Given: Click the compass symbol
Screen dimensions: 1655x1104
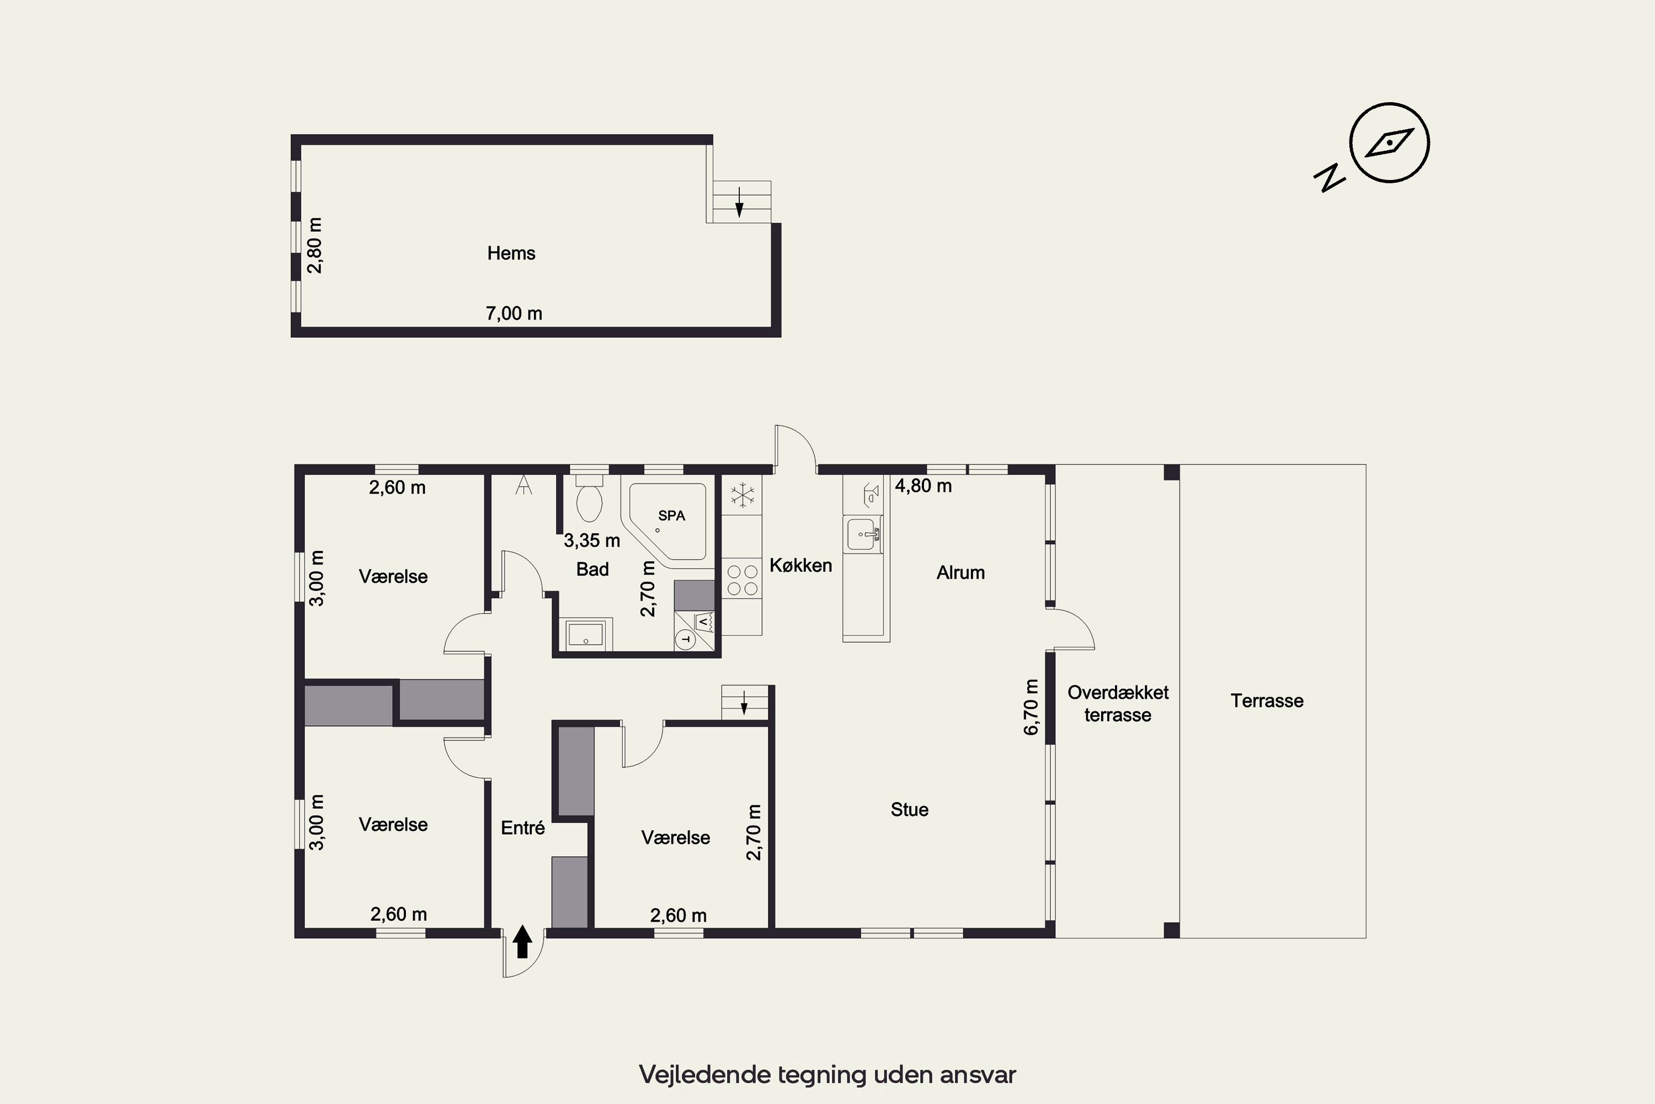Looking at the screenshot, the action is click(1389, 143).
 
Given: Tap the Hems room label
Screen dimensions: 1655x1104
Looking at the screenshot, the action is click(511, 253).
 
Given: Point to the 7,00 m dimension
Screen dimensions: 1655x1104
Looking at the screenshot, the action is click(514, 314).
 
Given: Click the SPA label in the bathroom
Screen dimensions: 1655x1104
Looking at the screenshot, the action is click(671, 516).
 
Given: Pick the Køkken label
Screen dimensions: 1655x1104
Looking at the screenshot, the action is click(801, 565).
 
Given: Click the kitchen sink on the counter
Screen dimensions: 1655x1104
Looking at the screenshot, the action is click(863, 534).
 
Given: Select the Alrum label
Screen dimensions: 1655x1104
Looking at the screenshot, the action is click(960, 572).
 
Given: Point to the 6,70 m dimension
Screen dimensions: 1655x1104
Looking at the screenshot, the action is click(1031, 707).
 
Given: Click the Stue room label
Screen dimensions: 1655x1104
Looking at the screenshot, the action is click(909, 810).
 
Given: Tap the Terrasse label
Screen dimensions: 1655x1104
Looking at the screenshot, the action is click(1267, 700).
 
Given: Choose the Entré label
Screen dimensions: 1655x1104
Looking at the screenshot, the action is click(523, 827).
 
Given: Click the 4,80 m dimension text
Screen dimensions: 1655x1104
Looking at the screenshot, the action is click(923, 486).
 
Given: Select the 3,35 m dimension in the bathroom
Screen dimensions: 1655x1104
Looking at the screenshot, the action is click(592, 541).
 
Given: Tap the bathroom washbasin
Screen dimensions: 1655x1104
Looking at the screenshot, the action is click(585, 634).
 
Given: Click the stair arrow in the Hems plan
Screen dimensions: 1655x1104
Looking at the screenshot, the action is click(739, 201).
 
